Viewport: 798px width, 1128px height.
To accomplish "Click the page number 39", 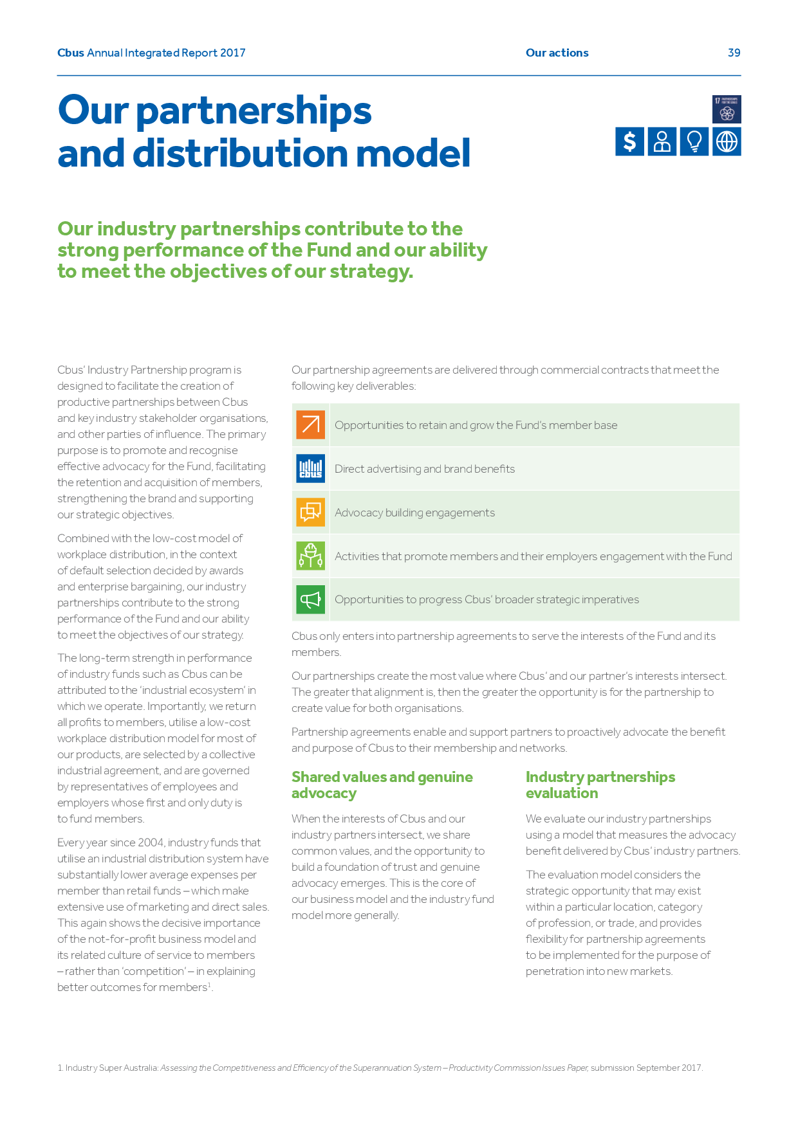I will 734,53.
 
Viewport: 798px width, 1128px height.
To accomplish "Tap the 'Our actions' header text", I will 557,53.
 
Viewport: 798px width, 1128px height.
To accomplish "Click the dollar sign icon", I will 629,141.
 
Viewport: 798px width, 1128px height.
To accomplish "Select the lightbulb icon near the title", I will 694,141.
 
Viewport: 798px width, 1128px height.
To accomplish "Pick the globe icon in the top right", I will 727,141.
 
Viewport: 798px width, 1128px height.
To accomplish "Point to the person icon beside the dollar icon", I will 662,141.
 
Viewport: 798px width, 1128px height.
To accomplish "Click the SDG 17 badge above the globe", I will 727,109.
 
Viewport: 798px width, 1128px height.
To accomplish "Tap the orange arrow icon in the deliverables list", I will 310,424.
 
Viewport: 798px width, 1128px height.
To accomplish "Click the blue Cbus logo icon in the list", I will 310,468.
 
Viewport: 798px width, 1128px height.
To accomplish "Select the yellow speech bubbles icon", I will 310,512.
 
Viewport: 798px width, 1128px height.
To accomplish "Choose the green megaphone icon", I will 310,599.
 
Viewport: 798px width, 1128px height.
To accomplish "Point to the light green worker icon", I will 310,556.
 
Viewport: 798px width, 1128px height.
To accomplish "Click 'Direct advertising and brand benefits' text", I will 425,469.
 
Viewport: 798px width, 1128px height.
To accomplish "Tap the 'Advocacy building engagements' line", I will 414,513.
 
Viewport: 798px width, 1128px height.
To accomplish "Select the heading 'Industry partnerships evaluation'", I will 600,785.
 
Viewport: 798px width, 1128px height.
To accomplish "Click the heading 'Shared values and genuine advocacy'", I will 382,785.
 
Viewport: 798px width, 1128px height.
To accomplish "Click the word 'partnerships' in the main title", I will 254,111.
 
